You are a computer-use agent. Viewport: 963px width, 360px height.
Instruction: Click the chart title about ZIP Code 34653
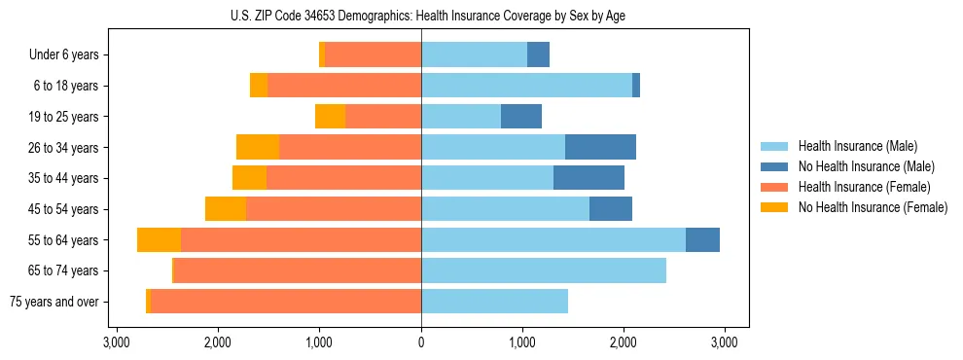tap(421, 15)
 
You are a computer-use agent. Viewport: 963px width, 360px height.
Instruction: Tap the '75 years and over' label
tap(54, 302)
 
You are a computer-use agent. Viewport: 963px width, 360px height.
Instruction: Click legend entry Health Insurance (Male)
tap(857, 146)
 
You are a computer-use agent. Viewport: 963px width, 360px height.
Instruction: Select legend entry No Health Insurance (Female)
tap(873, 207)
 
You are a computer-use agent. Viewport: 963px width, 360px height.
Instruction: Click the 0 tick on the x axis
tap(421, 342)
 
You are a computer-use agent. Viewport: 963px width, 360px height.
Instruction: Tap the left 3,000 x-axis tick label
tap(116, 342)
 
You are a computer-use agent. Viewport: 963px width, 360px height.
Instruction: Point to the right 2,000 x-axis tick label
tap(624, 342)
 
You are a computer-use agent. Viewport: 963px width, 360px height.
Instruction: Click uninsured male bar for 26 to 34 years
tap(600, 147)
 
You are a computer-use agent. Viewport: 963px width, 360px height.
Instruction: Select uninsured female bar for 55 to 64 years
tap(159, 239)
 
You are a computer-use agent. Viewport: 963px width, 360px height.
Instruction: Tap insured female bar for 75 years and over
tap(286, 302)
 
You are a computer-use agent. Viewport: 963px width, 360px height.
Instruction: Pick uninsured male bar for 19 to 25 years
tap(521, 117)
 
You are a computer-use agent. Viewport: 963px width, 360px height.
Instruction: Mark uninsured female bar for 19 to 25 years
tap(330, 117)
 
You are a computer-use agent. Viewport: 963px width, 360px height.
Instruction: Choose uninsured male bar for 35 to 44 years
tap(588, 178)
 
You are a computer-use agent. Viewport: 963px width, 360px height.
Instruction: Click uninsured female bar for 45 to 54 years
tap(226, 209)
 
